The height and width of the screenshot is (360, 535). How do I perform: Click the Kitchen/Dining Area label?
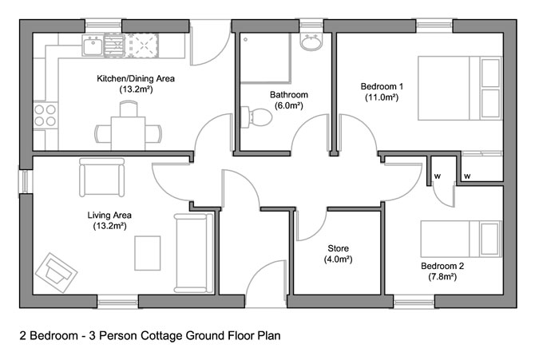[x=135, y=80]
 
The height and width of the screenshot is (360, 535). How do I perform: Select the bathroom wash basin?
[x=311, y=42]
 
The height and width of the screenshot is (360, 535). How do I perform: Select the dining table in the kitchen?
[x=128, y=127]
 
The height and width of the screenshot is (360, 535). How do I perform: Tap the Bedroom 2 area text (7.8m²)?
[x=438, y=277]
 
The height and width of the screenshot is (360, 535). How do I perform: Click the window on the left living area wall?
[x=23, y=182]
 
